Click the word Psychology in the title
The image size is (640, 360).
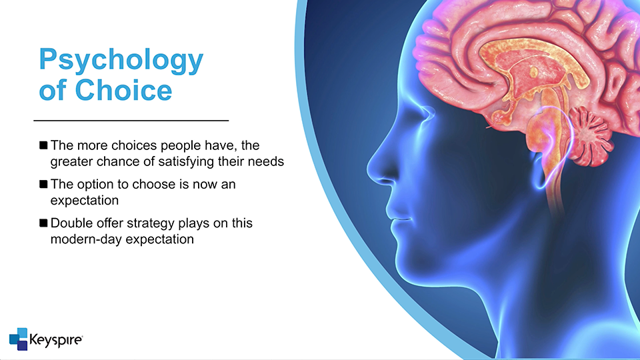point(121,61)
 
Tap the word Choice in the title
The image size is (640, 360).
point(124,90)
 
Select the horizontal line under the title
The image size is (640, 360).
point(131,121)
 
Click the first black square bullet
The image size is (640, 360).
point(43,145)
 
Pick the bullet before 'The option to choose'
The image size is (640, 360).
point(43,184)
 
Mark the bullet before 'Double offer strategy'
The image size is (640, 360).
point(43,223)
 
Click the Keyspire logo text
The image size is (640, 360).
point(56,340)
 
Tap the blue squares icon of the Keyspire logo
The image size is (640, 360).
point(19,339)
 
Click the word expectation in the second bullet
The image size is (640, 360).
point(85,201)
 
